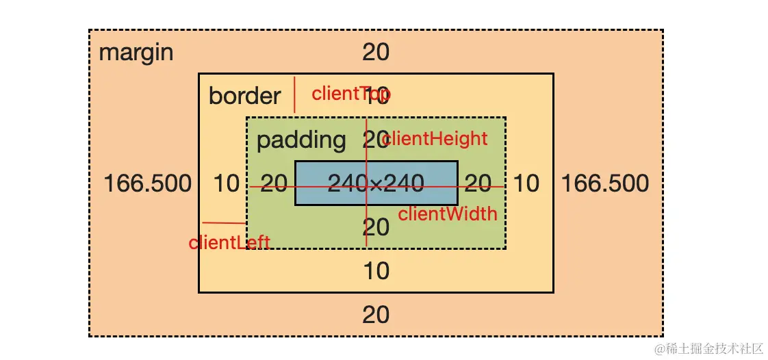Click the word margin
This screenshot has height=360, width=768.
tap(136, 53)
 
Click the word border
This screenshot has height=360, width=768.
tap(244, 96)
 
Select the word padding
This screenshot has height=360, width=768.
tap(301, 140)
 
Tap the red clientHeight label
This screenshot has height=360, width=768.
tap(435, 139)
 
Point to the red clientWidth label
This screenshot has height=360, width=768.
tap(448, 214)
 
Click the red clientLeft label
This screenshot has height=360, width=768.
tap(229, 242)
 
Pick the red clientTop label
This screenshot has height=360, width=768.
tap(350, 94)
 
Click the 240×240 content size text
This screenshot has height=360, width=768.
tap(376, 183)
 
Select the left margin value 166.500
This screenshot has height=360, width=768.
tap(148, 183)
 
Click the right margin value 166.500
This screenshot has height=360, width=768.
tap(605, 183)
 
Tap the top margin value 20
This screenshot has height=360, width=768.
tap(376, 52)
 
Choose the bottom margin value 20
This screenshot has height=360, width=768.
tap(376, 315)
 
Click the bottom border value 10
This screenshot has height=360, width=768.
tap(376, 271)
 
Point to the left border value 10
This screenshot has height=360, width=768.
tap(227, 183)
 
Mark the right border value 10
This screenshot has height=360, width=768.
tap(526, 183)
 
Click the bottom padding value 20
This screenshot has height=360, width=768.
tap(376, 227)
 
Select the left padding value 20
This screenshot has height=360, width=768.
tap(274, 183)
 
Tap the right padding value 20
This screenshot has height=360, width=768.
tap(478, 183)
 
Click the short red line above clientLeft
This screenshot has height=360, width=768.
tap(224, 222)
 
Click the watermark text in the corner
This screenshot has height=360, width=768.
tap(708, 349)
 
